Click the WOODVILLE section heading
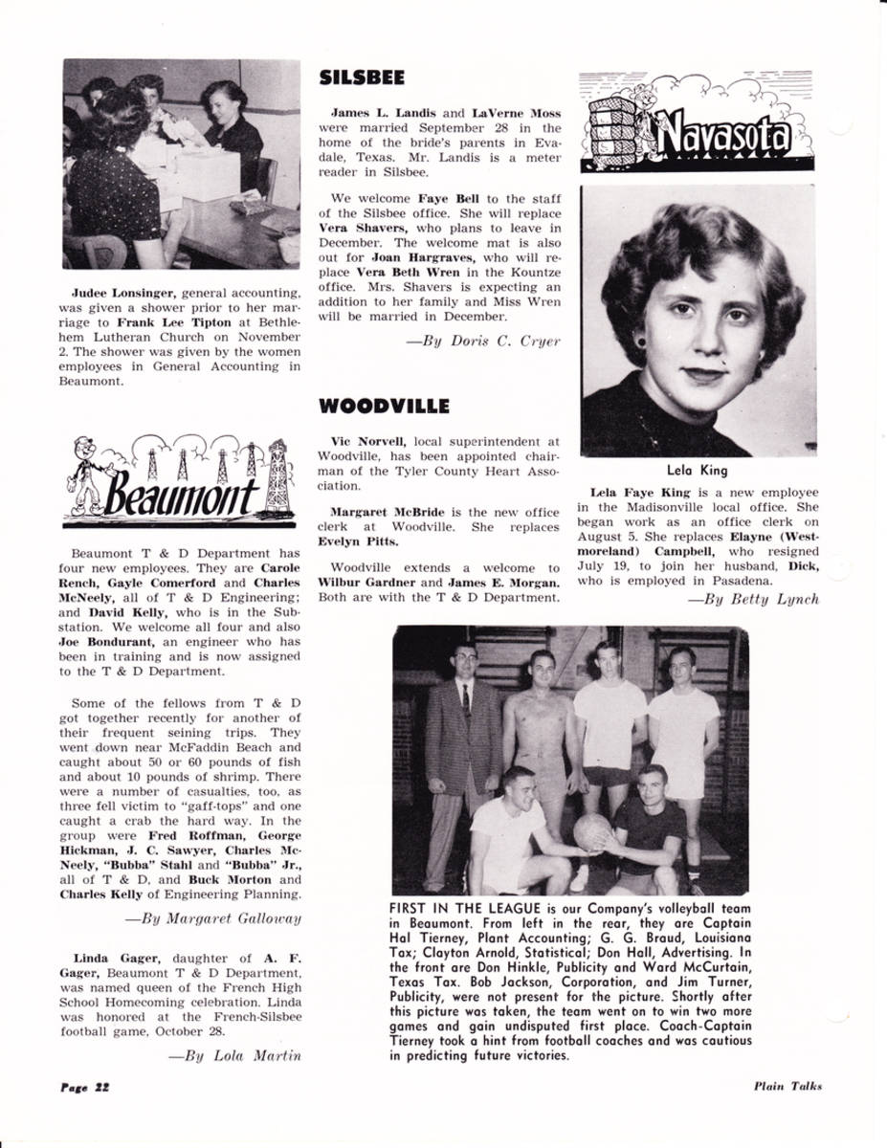[383, 406]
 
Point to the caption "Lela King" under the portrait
[697, 470]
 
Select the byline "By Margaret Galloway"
[214, 918]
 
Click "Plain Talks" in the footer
[787, 1086]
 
